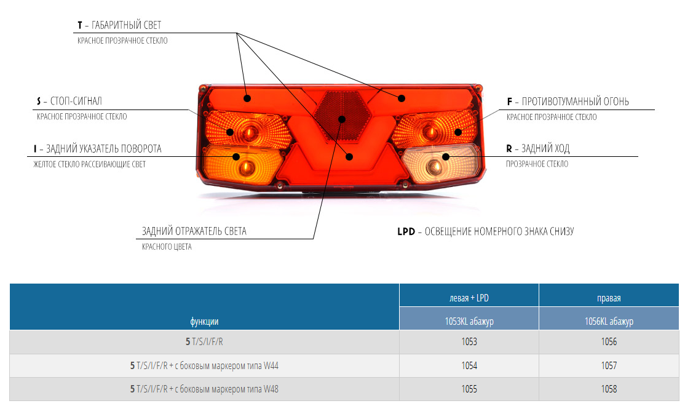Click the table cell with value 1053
pyautogui.click(x=469, y=342)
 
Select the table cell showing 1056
pyautogui.click(x=609, y=342)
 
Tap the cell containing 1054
pyautogui.click(x=469, y=365)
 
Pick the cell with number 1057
pyautogui.click(x=609, y=365)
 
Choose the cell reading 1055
pyautogui.click(x=469, y=389)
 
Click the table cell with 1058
pyautogui.click(x=609, y=389)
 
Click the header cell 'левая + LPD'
pyautogui.click(x=469, y=298)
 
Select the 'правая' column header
pyautogui.click(x=609, y=298)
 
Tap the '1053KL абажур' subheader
pyautogui.click(x=469, y=321)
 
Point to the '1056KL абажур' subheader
pyautogui.click(x=609, y=321)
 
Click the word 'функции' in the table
pyautogui.click(x=204, y=321)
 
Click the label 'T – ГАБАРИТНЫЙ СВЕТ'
pyautogui.click(x=119, y=26)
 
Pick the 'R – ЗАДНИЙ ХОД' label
pyautogui.click(x=537, y=149)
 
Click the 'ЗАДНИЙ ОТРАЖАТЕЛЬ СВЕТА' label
pyautogui.click(x=194, y=232)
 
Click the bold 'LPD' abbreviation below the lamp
pyautogui.click(x=406, y=232)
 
